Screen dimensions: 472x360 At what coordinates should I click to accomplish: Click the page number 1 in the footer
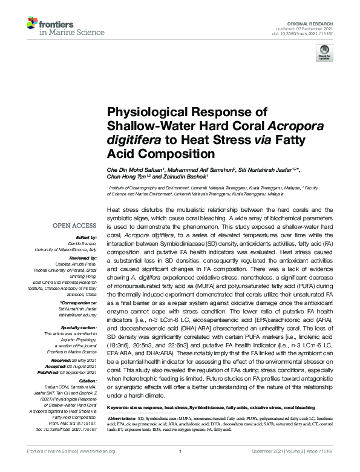[180, 460]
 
